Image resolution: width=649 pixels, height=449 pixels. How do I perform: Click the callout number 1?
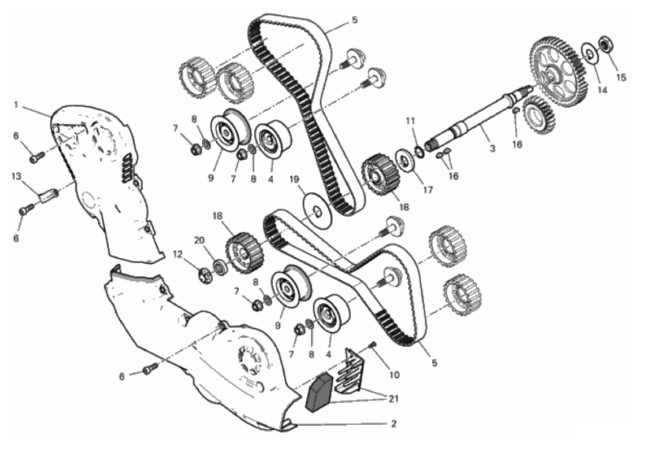tap(16, 104)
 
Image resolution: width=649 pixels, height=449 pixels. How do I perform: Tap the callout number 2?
tap(394, 424)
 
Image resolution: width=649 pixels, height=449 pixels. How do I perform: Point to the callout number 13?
tap(16, 177)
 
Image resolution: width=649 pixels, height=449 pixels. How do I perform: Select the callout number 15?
tap(621, 77)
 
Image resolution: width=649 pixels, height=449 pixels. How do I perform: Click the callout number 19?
tap(294, 179)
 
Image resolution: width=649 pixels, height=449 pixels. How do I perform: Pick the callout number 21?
tap(393, 399)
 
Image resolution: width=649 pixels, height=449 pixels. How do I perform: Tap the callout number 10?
tap(394, 374)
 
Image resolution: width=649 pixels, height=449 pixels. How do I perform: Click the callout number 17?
tap(428, 190)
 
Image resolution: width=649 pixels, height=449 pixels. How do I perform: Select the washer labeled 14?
tap(589, 52)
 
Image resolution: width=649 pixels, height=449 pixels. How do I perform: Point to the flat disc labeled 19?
tap(317, 210)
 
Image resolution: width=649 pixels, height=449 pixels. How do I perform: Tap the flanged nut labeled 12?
tap(205, 276)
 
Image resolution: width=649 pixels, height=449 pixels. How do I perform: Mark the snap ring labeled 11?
tap(419, 151)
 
